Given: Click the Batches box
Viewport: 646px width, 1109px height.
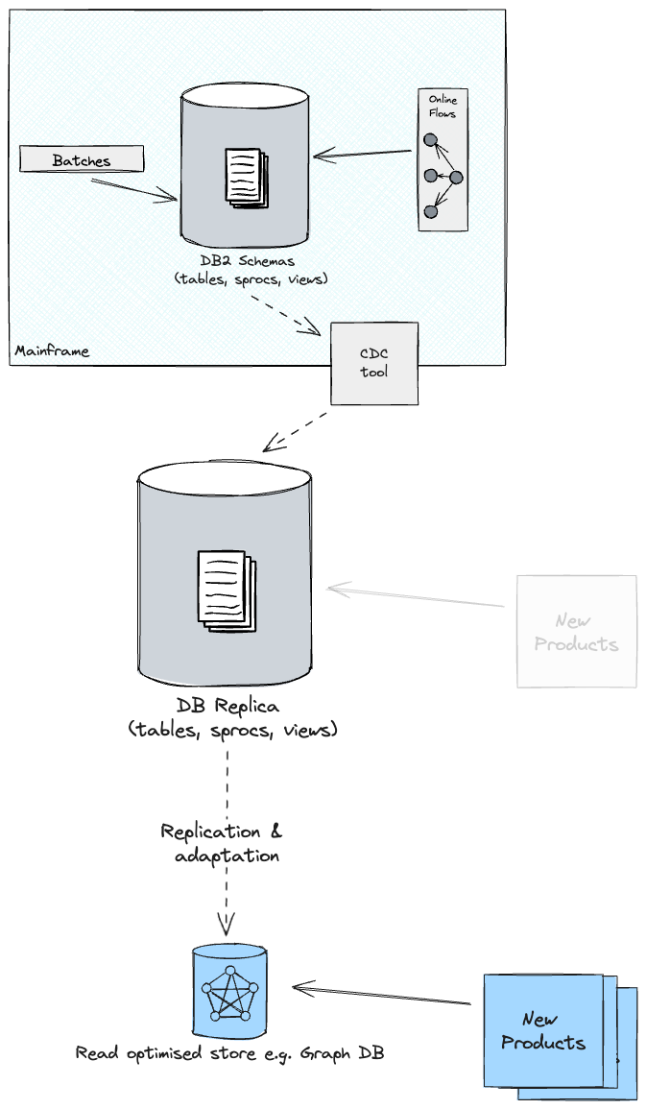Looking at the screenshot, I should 82,159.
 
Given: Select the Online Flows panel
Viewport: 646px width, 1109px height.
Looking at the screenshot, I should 443,159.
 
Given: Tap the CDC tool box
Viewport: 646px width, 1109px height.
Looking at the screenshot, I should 374,363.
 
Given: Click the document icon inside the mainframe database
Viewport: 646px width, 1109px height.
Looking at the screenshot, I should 246,175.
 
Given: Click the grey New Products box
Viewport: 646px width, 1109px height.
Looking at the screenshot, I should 577,632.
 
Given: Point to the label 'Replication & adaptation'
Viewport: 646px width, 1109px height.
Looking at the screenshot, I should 222,843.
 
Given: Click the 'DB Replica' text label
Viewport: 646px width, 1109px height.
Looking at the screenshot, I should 227,707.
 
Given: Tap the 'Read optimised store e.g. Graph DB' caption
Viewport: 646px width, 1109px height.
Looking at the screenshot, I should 230,1053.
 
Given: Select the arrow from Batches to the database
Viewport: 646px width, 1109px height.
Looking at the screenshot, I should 134,187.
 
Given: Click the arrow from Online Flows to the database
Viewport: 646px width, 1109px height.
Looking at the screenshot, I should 365,154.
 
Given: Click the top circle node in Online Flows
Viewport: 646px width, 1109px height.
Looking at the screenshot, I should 431,140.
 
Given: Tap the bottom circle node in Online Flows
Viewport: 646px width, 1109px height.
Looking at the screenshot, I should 431,211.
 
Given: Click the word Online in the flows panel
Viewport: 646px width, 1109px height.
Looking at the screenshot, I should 443,99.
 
